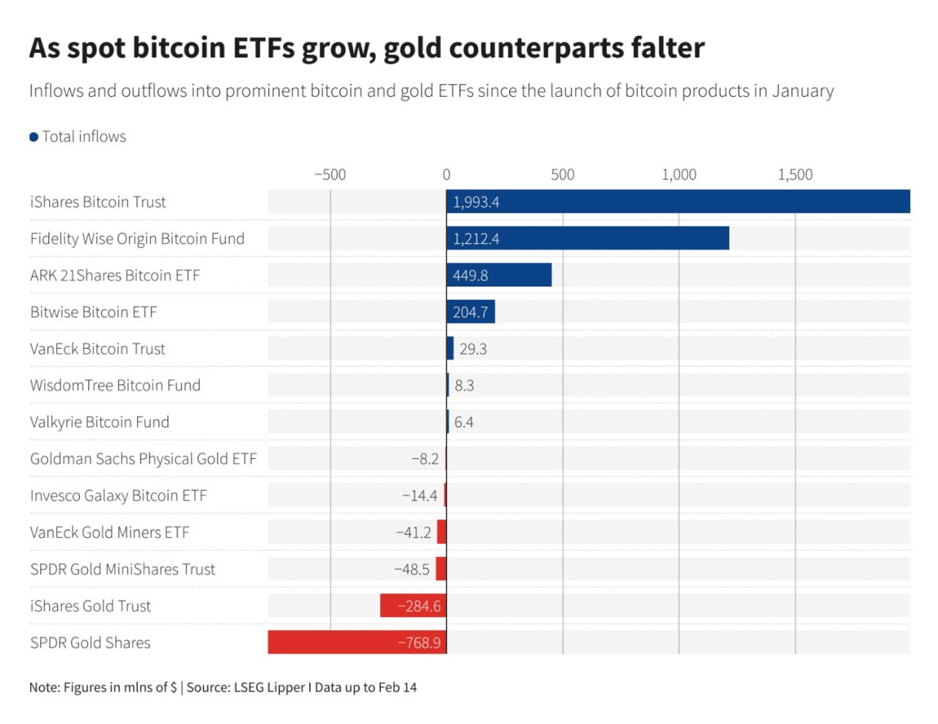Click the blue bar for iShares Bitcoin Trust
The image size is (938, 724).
(678, 202)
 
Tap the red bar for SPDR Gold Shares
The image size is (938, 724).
(357, 642)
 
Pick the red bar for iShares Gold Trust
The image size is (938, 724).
(413, 605)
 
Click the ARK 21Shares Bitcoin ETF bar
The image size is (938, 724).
(499, 275)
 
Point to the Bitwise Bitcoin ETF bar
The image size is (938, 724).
(470, 311)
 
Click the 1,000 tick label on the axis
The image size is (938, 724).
(679, 174)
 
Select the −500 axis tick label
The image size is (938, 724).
(330, 174)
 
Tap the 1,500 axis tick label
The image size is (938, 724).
(795, 174)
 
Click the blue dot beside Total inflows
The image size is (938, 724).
(34, 137)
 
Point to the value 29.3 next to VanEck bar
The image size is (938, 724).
(473, 349)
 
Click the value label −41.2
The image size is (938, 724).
(413, 532)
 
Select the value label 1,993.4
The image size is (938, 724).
(476, 202)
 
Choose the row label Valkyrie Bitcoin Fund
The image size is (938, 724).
(100, 422)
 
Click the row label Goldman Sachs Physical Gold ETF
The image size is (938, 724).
(143, 459)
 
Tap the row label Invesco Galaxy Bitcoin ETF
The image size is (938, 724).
(118, 495)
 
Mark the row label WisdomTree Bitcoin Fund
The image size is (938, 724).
(115, 385)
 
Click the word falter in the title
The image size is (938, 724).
(669, 48)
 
